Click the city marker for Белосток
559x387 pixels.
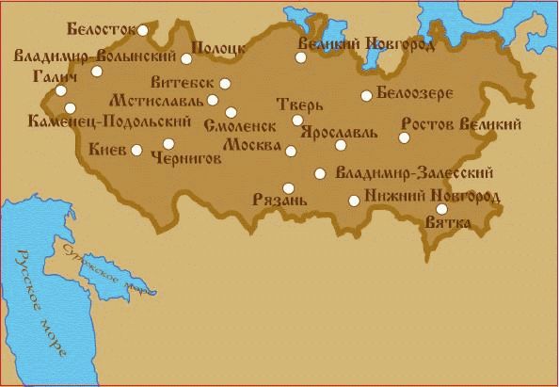143,30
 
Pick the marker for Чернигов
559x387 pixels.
168,144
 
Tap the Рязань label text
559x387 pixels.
280,201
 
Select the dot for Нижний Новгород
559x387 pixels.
353,200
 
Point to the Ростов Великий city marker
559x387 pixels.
405,137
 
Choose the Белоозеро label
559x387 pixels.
415,94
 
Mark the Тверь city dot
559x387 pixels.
297,120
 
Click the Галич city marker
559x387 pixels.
61,91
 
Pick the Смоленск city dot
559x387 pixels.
231,112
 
